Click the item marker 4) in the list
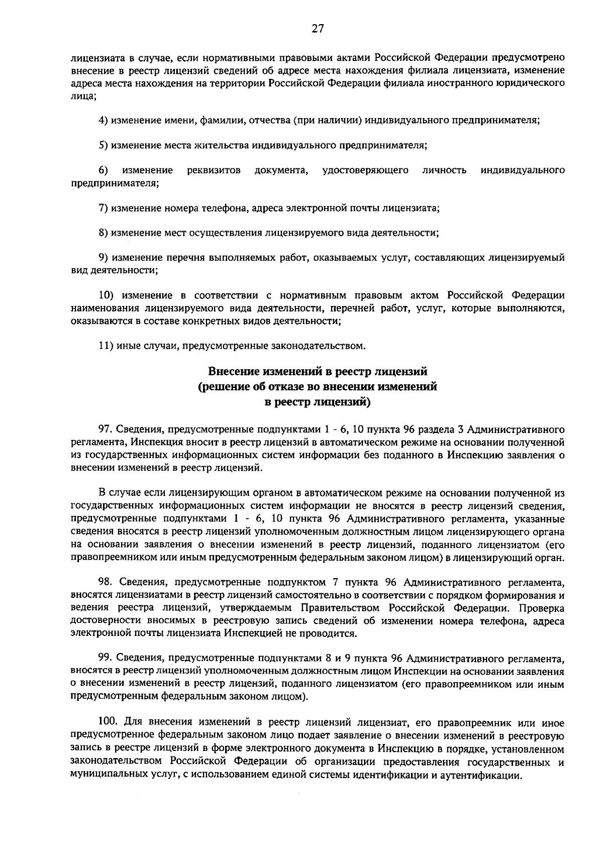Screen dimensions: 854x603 (104, 121)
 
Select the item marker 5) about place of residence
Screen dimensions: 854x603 (104, 146)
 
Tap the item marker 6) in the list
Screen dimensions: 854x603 (104, 170)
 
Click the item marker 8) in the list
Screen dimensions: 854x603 (104, 233)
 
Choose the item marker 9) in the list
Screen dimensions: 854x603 (104, 258)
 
